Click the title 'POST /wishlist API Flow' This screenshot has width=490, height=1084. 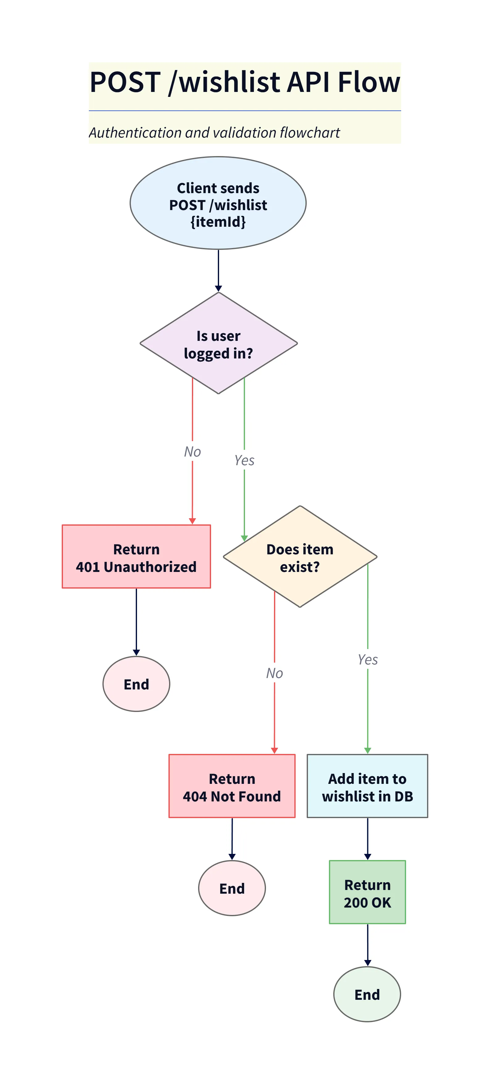[x=245, y=82]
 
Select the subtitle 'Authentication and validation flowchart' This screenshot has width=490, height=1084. [x=214, y=133]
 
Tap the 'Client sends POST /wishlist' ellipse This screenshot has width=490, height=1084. [x=218, y=203]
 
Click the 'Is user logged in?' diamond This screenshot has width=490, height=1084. [x=218, y=343]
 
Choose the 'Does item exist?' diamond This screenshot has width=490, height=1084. [x=300, y=557]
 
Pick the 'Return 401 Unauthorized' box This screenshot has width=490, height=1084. [x=136, y=557]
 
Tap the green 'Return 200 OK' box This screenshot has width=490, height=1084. [x=367, y=892]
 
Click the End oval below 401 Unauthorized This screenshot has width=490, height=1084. [x=136, y=684]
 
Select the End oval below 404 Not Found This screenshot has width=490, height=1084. [x=231, y=888]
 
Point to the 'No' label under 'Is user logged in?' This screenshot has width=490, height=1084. [x=192, y=452]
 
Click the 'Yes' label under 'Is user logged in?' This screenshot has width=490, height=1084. [x=244, y=460]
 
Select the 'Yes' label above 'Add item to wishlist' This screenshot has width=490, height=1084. [x=367, y=660]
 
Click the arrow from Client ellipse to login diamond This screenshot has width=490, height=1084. [x=218, y=269]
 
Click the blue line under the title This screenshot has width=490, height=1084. [x=245, y=111]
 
